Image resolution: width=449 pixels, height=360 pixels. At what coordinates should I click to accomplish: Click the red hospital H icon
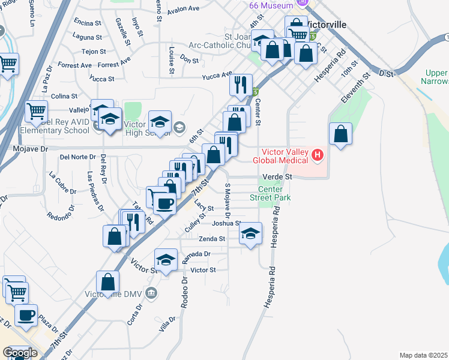coord(318,156)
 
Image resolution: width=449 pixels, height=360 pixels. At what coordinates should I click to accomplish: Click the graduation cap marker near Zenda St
coord(251,233)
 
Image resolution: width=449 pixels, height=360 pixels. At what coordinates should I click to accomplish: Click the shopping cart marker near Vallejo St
coord(37,111)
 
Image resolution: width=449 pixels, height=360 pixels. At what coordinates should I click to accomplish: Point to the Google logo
coord(20,353)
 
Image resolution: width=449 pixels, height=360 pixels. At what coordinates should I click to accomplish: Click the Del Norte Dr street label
coord(78,157)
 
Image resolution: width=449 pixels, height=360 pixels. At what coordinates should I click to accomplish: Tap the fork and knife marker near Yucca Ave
coord(241,84)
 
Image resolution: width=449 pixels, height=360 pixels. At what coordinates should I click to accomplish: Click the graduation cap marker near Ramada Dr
coord(166,259)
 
